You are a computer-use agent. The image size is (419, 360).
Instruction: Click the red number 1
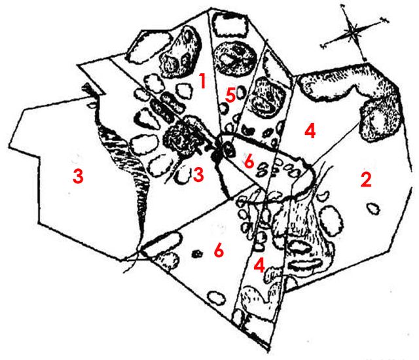coord(203,81)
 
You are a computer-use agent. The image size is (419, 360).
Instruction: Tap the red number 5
coord(230,96)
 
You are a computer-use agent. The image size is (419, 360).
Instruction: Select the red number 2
coord(366,179)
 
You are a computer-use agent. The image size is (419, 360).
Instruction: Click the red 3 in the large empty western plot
coord(78,176)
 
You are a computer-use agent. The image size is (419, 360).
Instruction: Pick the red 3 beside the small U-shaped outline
coord(198,175)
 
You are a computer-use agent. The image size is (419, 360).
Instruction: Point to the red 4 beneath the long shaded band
coord(310,131)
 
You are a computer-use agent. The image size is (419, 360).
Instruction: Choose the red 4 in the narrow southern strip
coord(259,265)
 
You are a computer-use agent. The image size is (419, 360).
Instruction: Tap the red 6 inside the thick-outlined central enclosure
coord(249,161)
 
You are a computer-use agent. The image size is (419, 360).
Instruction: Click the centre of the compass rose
coord(353,31)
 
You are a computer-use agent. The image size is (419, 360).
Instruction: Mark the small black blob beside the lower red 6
coord(197,253)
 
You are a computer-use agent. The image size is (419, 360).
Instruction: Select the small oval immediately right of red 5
coord(240,92)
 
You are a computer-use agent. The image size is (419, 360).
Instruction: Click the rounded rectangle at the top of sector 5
coord(230,25)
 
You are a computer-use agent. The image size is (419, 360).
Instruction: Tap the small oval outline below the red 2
coord(373,209)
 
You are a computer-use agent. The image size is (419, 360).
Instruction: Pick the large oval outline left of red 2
coord(331,221)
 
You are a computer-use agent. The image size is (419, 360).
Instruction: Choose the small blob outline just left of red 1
coord(185,90)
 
